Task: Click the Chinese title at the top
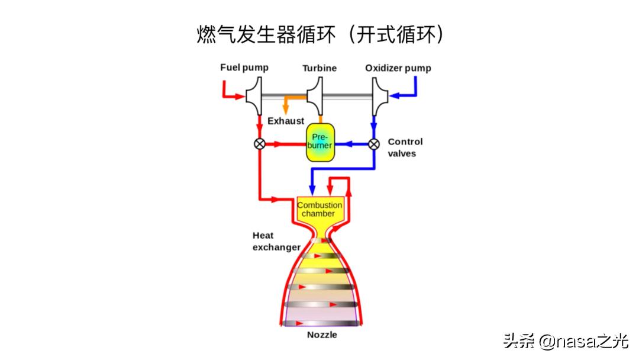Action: point(320,34)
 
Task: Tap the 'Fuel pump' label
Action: point(244,67)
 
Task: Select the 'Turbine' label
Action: point(319,68)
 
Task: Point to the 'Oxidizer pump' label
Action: point(398,68)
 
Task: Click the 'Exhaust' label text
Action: point(286,121)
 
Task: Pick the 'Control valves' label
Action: point(405,147)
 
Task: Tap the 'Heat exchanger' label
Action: point(276,241)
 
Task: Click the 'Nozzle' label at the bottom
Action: point(322,335)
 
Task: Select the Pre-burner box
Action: point(319,142)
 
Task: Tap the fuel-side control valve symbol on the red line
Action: point(259,143)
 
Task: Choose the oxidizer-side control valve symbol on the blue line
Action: point(374,143)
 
